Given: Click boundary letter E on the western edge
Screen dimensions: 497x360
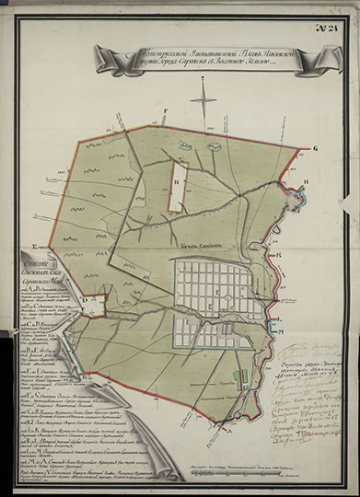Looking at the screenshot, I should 34,248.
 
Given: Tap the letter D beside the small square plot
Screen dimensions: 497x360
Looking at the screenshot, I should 80,297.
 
